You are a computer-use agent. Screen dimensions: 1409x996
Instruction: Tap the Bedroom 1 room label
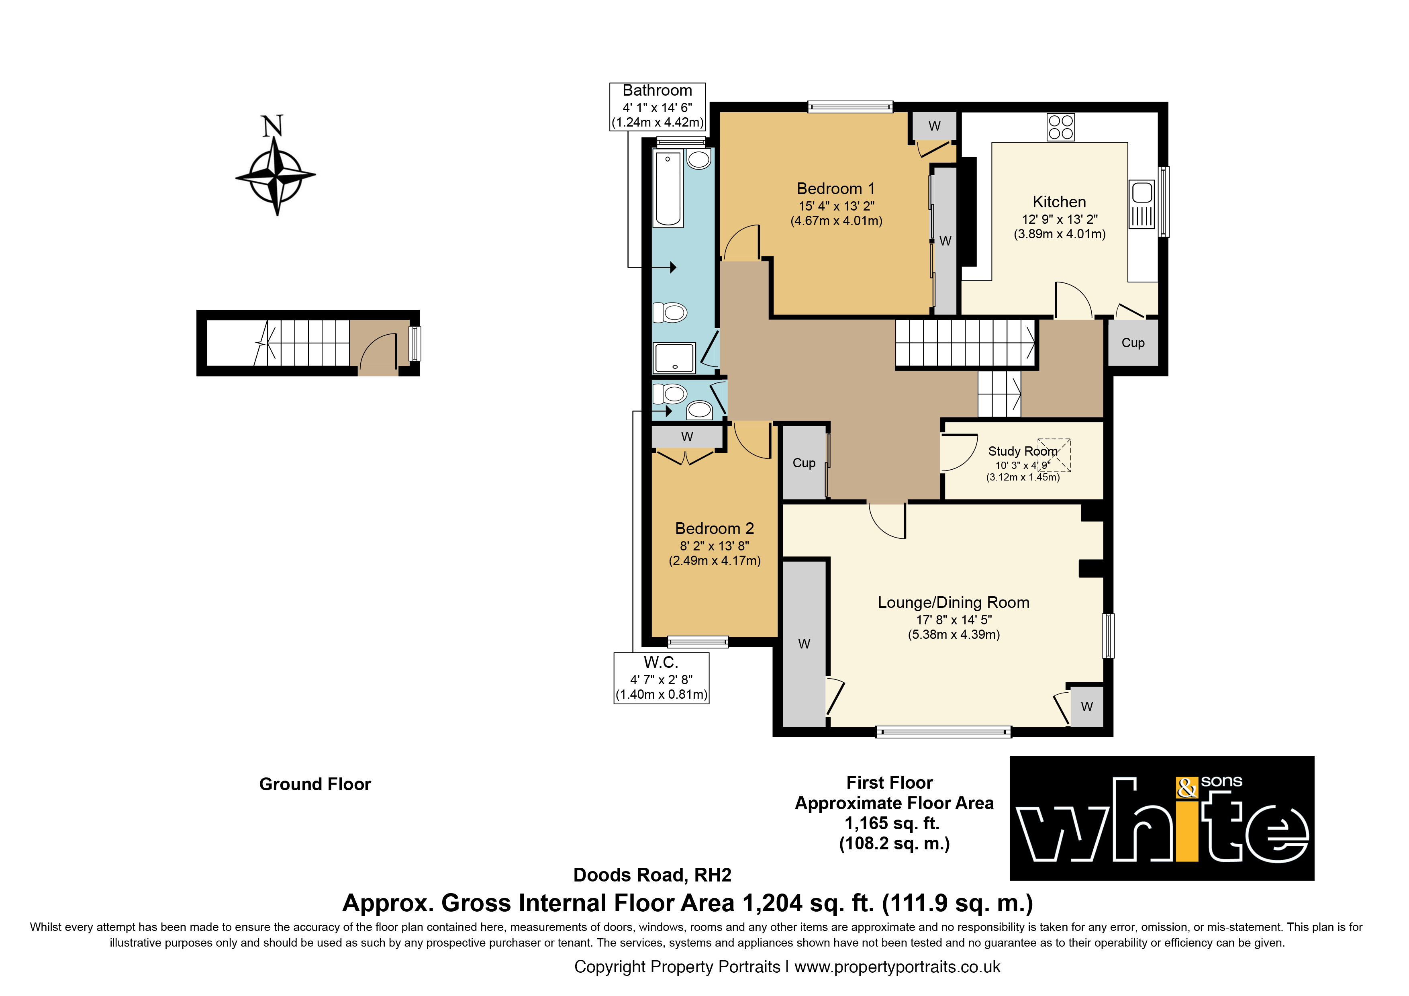point(836,188)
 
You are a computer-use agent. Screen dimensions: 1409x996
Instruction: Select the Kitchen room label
point(1059,202)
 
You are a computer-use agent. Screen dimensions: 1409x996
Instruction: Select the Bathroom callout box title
point(657,90)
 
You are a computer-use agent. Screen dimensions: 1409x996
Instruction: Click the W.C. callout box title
point(661,662)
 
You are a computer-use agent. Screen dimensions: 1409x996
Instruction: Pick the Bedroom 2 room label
point(714,528)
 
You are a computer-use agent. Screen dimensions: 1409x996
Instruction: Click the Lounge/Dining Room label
point(954,603)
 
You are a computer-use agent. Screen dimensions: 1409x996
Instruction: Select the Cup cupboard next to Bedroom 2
point(804,463)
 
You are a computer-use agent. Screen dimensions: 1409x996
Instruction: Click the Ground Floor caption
point(315,784)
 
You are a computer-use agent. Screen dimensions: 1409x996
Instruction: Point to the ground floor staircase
point(302,343)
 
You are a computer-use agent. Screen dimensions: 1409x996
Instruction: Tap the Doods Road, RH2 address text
point(652,875)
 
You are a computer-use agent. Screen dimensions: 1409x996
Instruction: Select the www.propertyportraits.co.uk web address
point(897,967)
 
